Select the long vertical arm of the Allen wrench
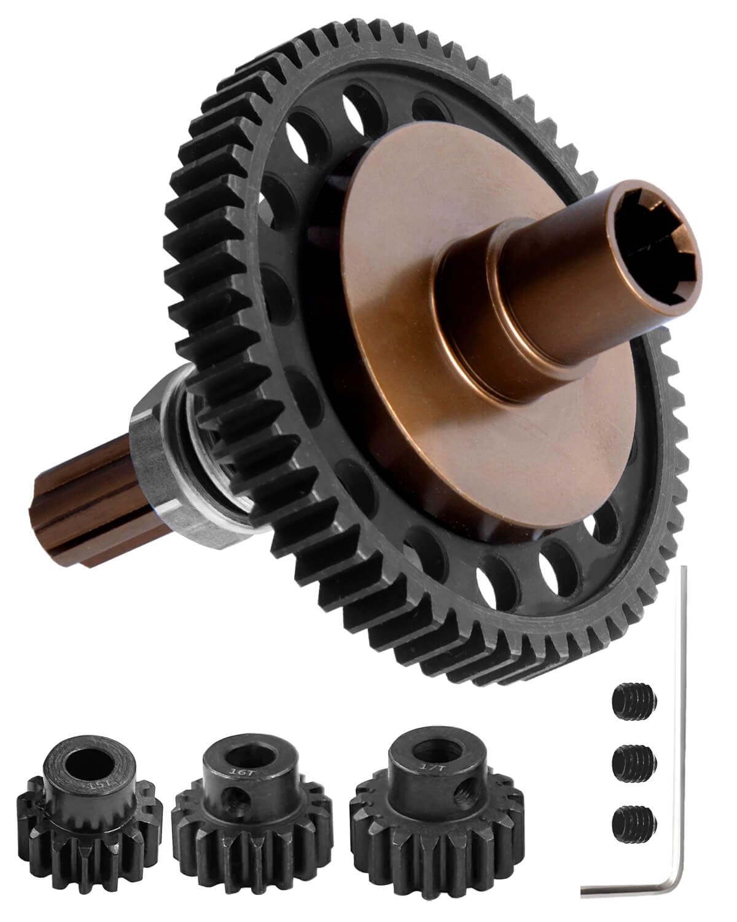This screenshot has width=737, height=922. (x=683, y=707)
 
